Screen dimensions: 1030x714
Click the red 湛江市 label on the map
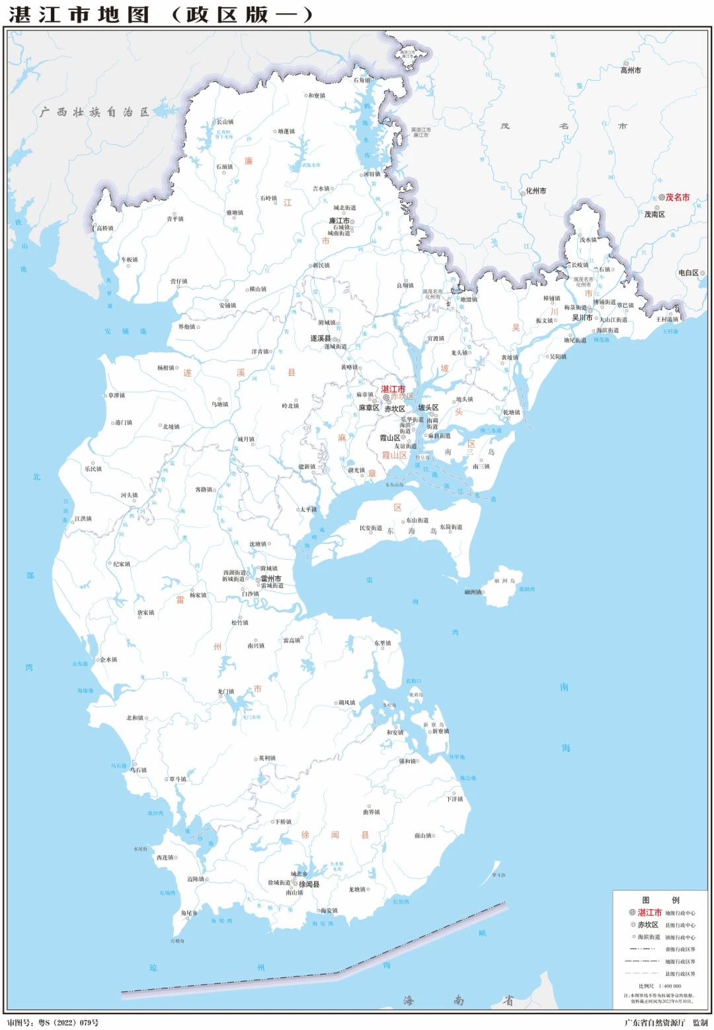(x=393, y=389)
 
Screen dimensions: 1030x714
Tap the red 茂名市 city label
(x=677, y=197)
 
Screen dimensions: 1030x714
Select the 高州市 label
(x=630, y=70)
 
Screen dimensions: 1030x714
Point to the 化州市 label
(x=535, y=191)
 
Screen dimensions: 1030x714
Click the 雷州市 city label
(x=270, y=578)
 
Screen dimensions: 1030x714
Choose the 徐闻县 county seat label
(x=309, y=883)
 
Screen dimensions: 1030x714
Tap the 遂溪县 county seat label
(x=321, y=338)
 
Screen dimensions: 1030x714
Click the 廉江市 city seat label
(x=339, y=221)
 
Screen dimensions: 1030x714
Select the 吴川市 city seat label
(x=582, y=317)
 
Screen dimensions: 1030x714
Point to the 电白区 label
(x=688, y=272)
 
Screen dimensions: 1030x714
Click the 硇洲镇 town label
(x=473, y=592)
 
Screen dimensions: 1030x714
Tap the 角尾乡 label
(x=189, y=913)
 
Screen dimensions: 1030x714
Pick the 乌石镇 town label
(x=138, y=770)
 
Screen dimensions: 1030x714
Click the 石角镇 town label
(x=362, y=81)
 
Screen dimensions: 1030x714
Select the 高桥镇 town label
(x=104, y=228)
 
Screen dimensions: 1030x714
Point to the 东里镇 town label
(x=382, y=643)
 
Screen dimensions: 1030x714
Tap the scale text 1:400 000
(x=669, y=986)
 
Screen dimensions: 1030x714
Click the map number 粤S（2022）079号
(x=68, y=1023)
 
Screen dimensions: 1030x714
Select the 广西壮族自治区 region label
(x=94, y=112)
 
